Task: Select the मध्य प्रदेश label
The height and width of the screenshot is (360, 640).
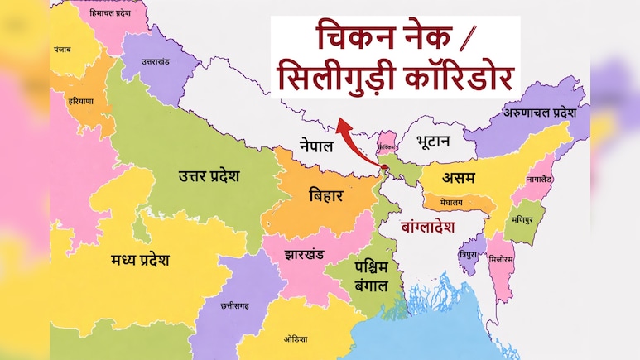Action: [x=140, y=260]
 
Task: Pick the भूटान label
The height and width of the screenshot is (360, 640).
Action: [x=433, y=141]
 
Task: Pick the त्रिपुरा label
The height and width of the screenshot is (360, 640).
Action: [x=470, y=256]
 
